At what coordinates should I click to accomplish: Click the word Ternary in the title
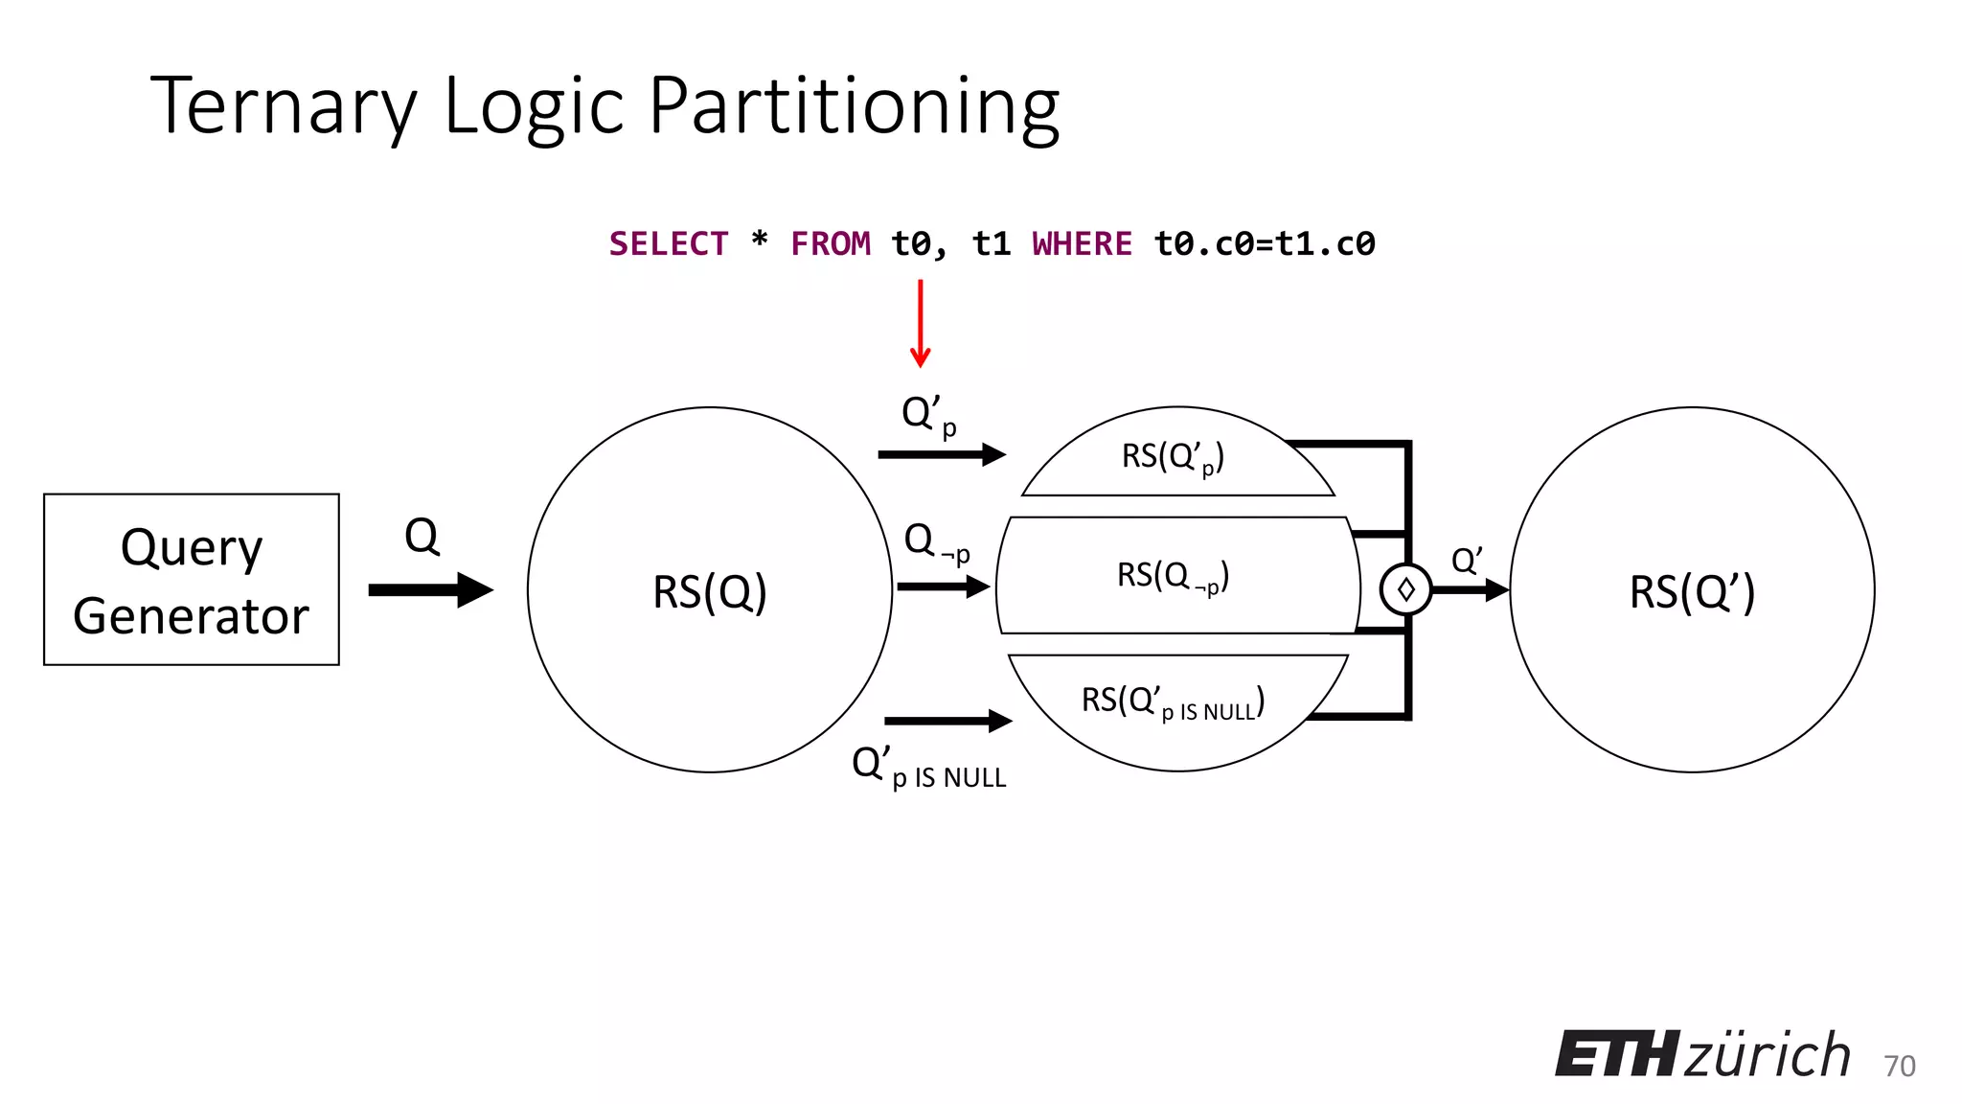click(x=284, y=105)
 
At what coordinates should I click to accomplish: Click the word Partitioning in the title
click(x=854, y=107)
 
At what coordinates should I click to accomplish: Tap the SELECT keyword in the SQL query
click(x=669, y=244)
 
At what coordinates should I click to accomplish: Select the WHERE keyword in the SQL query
click(x=1082, y=244)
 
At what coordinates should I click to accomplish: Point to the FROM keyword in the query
click(x=831, y=244)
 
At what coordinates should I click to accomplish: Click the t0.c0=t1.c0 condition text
click(x=1265, y=244)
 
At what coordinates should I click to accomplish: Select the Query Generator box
click(x=192, y=580)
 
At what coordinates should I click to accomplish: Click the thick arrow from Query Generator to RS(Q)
click(x=430, y=589)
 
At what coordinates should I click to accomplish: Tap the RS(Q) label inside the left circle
click(x=710, y=591)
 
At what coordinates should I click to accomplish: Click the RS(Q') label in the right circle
click(x=1692, y=591)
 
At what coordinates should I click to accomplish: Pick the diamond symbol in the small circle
click(x=1405, y=589)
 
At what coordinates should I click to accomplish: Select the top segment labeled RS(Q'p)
click(x=1173, y=457)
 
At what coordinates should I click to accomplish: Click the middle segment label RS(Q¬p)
click(x=1173, y=576)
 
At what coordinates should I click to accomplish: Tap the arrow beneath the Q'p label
click(x=942, y=454)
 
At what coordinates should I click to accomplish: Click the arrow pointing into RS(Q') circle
click(x=1471, y=589)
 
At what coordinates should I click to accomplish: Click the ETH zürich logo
click(x=1702, y=1055)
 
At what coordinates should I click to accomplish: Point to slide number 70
click(x=1899, y=1066)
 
